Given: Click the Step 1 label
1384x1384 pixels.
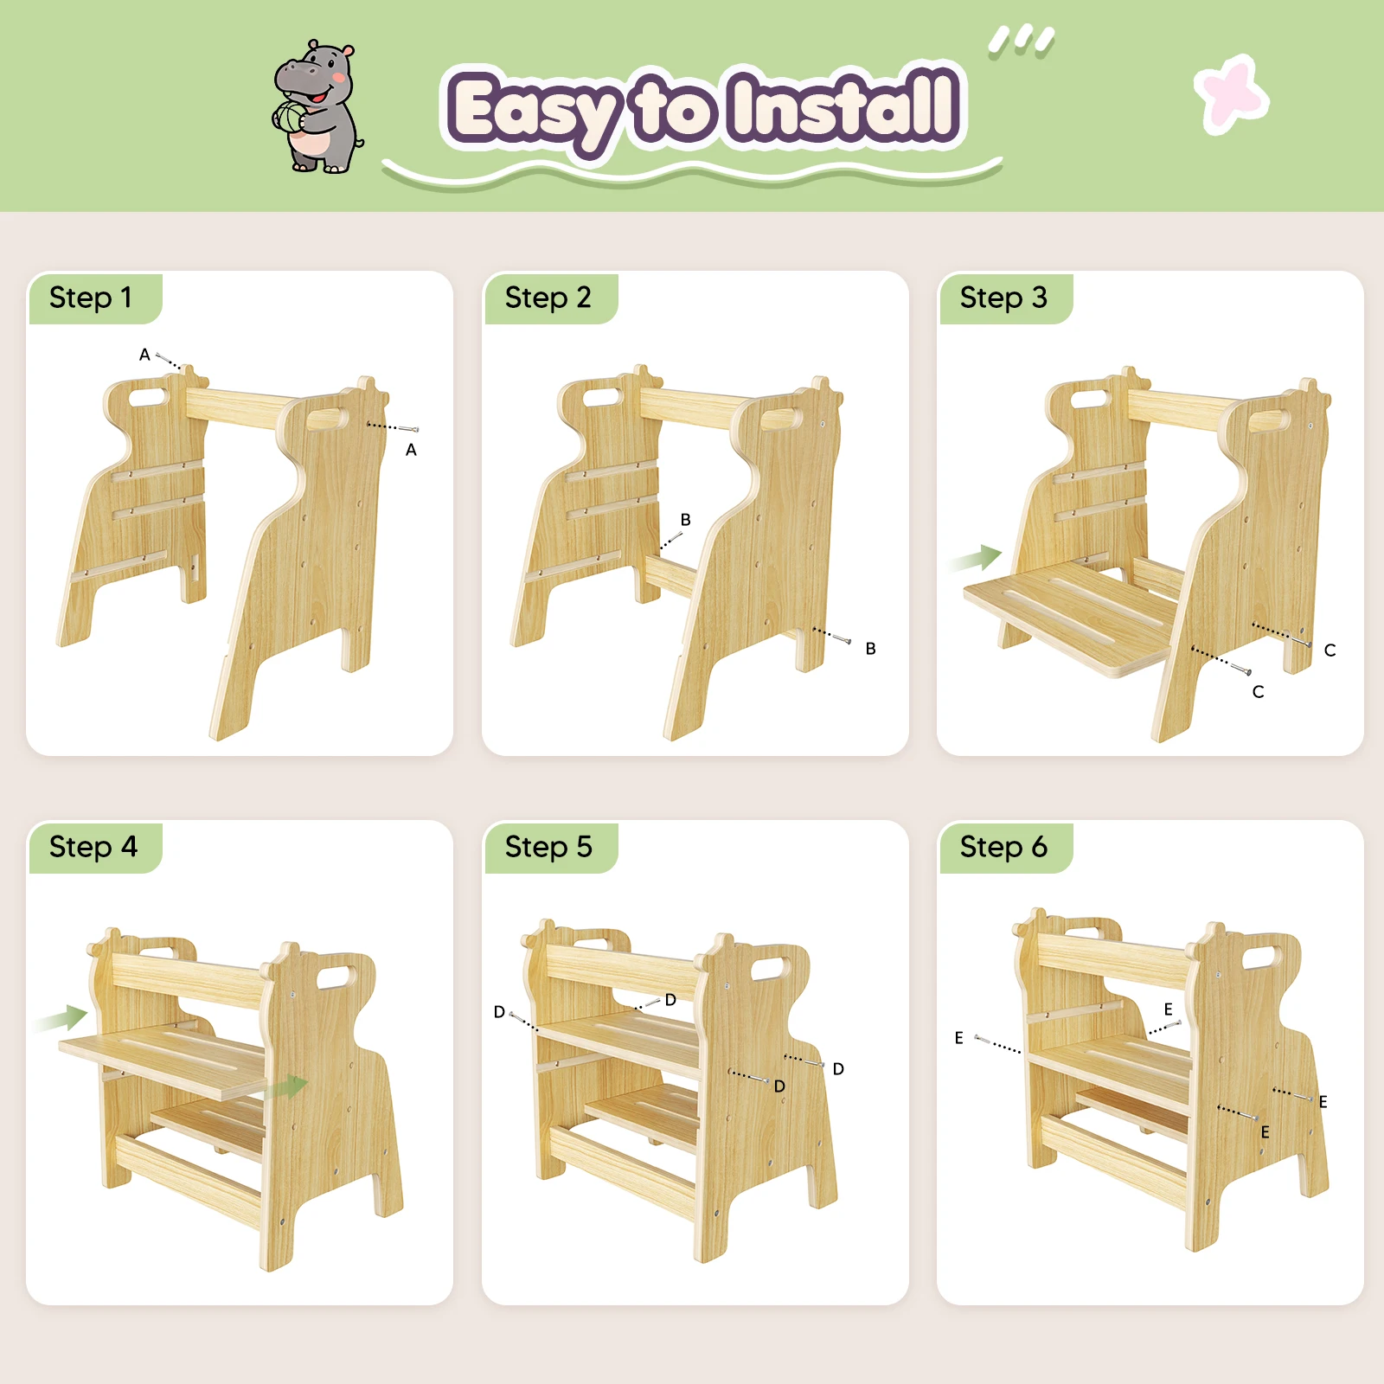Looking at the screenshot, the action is pos(91,298).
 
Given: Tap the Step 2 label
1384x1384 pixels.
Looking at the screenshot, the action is pos(548,298).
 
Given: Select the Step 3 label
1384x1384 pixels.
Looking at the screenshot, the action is pos(1003,298).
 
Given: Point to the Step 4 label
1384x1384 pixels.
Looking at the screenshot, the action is pos(93,847).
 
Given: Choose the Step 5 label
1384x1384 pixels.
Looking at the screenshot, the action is pos(548,847).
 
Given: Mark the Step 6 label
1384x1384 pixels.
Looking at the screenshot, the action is pos(1003,847).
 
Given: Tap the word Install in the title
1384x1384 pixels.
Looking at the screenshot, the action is pos(843,106).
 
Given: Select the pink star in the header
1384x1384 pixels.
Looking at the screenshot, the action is pos(1232,93).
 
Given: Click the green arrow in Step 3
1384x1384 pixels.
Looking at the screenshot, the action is pos(976,559).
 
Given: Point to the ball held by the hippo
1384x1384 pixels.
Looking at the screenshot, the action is pos(290,118).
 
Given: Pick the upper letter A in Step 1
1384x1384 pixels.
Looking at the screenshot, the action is pos(144,355).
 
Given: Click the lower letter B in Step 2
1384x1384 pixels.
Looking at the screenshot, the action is pos(870,649).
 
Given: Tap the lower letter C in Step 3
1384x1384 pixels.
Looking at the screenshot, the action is pos(1258,692).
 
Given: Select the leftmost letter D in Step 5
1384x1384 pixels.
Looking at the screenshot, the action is pos(499,1012).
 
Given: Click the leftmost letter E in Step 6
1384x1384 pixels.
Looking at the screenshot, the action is pos(958,1038).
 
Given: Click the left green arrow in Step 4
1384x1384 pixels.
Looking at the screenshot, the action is pos(62,1019).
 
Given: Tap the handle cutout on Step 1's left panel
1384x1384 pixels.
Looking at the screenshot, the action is pos(149,397).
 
